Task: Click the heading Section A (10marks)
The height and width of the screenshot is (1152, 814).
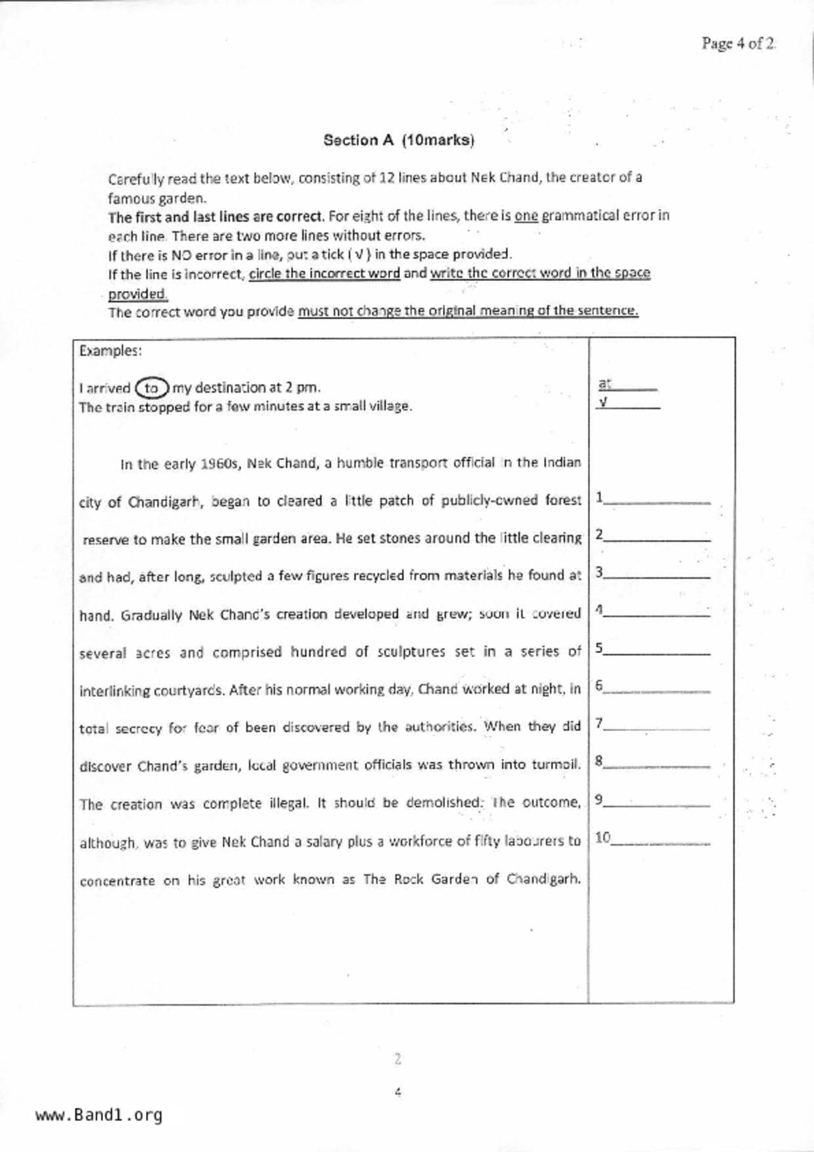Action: [x=398, y=140]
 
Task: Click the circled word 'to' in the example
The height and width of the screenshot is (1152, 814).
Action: [x=152, y=388]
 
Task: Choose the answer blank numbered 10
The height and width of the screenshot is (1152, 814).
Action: [x=660, y=839]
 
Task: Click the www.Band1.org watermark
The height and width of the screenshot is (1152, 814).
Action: [x=99, y=1115]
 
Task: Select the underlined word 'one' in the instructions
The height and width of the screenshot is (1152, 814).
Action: [x=526, y=215]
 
